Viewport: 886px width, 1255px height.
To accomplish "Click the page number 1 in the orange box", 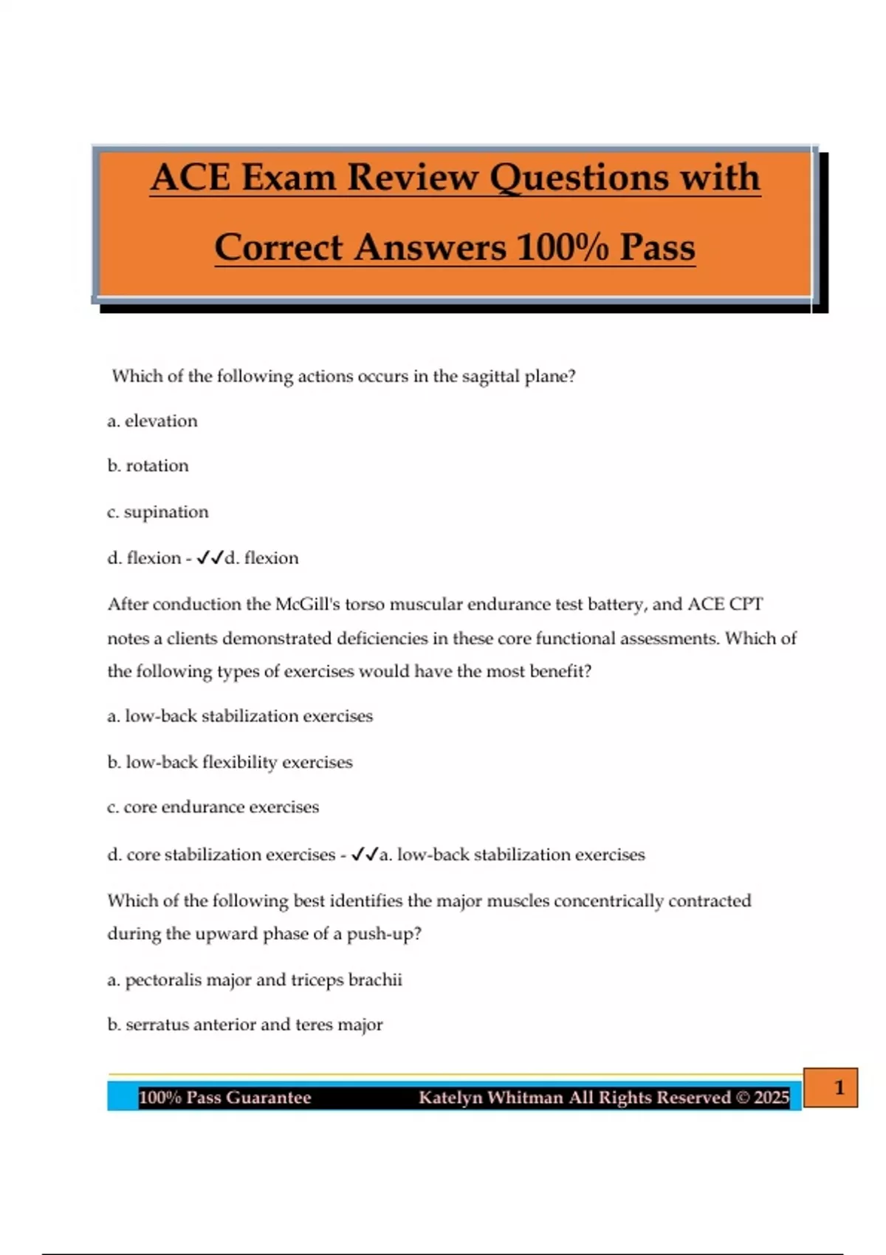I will (x=839, y=1087).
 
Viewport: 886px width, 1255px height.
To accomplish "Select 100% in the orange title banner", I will (x=563, y=247).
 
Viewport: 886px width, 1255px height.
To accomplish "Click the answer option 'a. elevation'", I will (x=152, y=421).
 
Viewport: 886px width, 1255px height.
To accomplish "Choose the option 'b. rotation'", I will (x=148, y=466).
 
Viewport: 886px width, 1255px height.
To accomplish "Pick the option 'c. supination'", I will (x=157, y=512).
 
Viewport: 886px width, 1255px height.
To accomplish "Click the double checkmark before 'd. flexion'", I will (x=210, y=558).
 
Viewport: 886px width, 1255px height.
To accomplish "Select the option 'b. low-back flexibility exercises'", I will (x=230, y=762).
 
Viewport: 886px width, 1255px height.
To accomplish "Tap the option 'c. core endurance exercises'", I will (x=213, y=807).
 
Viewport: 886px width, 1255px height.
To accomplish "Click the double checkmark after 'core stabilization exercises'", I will (x=365, y=854).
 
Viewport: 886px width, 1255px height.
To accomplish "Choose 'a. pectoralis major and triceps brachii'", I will (x=255, y=980).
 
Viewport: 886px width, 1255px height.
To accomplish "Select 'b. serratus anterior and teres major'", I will (x=245, y=1025).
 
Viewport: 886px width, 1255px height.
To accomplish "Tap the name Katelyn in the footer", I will (x=450, y=1098).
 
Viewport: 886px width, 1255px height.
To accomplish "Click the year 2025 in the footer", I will (x=772, y=1098).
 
